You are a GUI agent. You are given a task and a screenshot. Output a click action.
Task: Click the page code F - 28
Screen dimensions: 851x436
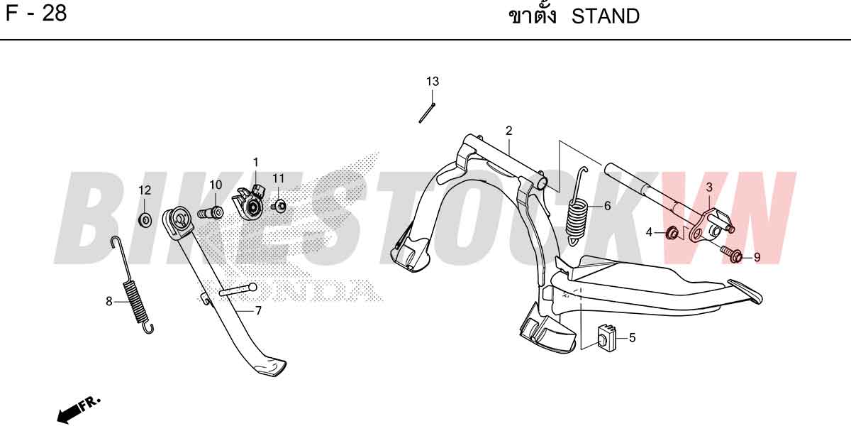tap(36, 13)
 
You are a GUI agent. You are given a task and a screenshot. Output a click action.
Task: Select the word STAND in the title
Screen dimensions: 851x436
tap(606, 16)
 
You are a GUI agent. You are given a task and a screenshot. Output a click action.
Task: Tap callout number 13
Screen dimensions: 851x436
tap(433, 82)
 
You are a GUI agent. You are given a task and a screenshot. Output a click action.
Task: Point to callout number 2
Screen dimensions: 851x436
tap(508, 131)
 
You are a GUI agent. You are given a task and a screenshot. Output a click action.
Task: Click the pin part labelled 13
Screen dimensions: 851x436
tap(427, 113)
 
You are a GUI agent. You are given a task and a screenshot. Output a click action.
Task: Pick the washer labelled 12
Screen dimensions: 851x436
tap(145, 219)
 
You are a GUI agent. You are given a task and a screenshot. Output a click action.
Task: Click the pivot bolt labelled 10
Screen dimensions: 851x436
tap(210, 212)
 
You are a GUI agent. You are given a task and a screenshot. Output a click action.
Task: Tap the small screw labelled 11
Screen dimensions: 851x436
tap(279, 206)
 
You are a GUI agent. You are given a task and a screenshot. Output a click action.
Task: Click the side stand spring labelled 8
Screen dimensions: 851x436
tap(132, 285)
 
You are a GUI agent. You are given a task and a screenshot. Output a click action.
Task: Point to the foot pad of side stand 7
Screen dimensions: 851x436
tap(269, 367)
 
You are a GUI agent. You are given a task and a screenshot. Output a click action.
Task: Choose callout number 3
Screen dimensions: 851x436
tap(709, 187)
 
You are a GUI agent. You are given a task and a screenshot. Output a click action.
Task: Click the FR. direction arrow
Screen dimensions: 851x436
tap(79, 410)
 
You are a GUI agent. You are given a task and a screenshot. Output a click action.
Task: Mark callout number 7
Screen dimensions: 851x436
tap(258, 311)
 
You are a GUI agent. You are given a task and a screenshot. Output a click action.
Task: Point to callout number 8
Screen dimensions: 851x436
tap(109, 302)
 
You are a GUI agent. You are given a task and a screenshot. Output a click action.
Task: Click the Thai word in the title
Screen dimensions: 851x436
tap(533, 15)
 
